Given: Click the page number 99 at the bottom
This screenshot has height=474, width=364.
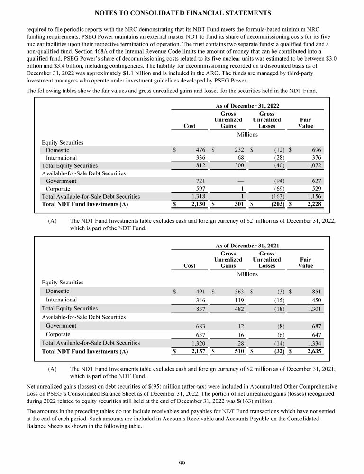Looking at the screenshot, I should (x=182, y=463).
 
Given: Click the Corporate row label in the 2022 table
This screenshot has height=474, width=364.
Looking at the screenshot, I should (x=58, y=189).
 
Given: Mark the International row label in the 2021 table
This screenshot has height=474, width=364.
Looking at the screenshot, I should (x=61, y=300).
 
